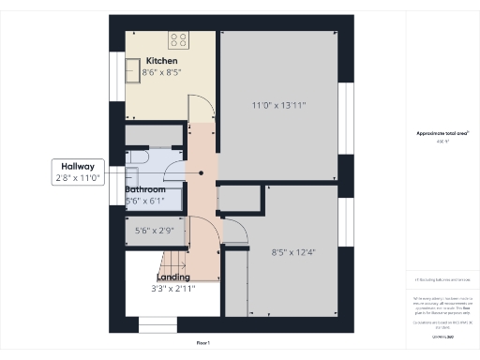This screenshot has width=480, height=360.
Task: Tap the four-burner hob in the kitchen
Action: coord(177,39)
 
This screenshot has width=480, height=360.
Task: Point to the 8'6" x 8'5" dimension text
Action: coord(162,72)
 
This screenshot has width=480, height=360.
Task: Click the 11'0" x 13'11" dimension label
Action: coord(279,105)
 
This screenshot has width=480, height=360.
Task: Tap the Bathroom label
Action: coord(145,189)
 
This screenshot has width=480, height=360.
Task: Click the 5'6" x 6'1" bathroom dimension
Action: coord(145,201)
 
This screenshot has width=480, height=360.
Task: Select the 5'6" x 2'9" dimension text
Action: coord(155,231)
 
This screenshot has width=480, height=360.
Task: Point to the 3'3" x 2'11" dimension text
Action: coord(174,289)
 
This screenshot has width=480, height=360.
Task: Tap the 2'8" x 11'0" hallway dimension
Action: coord(80,177)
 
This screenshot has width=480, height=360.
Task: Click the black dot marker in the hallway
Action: coord(201,172)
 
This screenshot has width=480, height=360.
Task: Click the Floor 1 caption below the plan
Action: coord(202,344)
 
